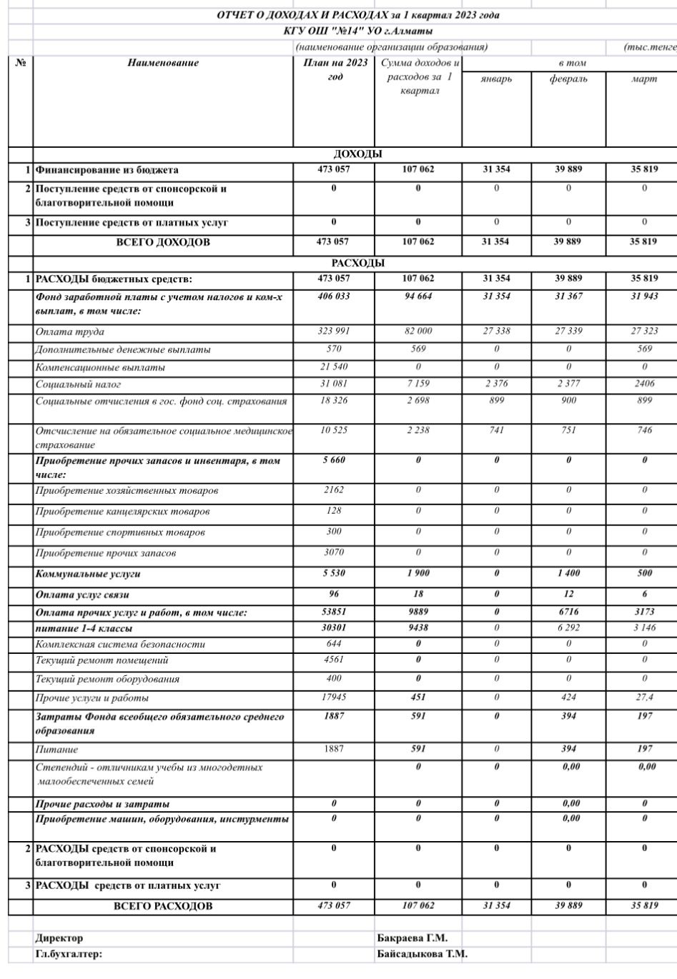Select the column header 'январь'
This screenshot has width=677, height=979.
pos(496,79)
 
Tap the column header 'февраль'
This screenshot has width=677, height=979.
pos(568,79)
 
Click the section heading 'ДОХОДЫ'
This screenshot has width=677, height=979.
pos(357,154)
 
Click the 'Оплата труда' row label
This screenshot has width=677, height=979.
pos(70,332)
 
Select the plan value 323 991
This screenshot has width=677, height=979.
pos(334,331)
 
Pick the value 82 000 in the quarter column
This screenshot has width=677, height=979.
pos(418,331)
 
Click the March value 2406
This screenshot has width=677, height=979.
pos(644,384)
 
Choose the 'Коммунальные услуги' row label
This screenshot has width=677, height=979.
pos(88,574)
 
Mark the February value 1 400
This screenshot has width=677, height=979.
pos(568,573)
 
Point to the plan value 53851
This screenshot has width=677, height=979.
pos(334,612)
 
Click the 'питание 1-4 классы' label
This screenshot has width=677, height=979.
pos(84,628)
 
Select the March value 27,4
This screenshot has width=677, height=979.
pos(644,697)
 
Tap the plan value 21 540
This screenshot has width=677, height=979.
pos(334,367)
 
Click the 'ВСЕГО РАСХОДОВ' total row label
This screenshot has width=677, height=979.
pos(163,906)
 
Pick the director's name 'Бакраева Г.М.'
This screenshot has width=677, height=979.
pos(412,938)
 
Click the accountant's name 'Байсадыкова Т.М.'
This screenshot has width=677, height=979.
pos(422,954)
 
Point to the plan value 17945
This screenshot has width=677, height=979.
pos(334,697)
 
